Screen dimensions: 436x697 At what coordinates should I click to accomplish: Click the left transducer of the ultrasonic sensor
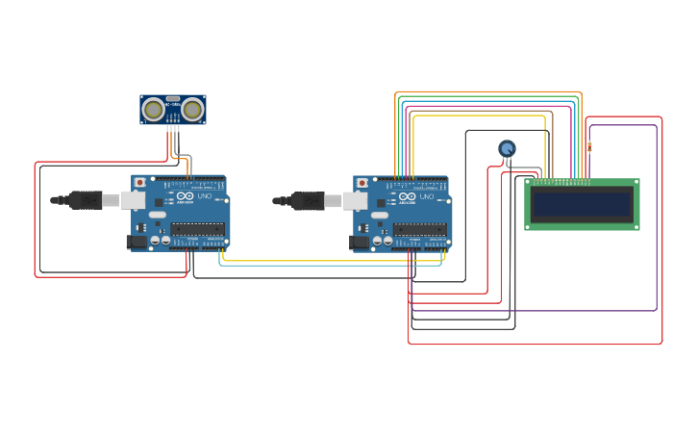coord(152,110)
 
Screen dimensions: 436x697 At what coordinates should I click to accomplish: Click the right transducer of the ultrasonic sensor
coord(192,110)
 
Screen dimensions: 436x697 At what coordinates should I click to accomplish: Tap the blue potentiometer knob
coord(507,148)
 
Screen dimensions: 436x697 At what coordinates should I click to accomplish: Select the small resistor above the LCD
coord(589,147)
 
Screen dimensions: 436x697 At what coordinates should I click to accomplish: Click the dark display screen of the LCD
coord(582,204)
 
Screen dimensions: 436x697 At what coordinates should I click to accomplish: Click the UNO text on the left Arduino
coord(205,196)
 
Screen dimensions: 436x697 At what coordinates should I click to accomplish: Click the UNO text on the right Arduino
coord(427,196)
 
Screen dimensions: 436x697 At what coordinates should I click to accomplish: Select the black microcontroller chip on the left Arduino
coord(198,229)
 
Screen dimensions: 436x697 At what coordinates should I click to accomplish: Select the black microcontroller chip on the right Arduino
coord(420,229)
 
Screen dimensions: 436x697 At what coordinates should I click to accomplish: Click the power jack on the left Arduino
coord(137,242)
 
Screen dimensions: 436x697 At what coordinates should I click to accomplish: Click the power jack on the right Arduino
coord(360,242)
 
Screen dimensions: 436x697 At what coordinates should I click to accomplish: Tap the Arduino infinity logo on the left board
coord(186,196)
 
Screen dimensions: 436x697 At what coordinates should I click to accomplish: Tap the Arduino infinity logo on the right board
coord(408,196)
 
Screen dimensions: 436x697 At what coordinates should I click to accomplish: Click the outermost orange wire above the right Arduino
coord(488,92)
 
